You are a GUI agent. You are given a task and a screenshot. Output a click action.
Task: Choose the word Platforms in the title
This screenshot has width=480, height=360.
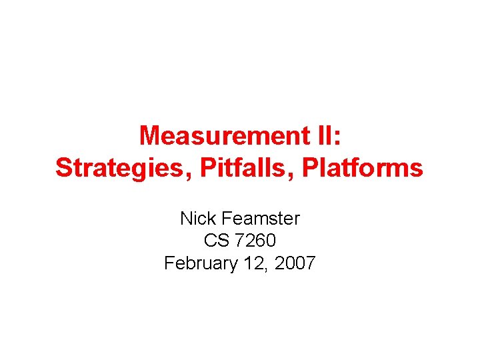tap(362, 168)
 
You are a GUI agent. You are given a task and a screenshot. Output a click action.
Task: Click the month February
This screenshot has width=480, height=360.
tap(201, 263)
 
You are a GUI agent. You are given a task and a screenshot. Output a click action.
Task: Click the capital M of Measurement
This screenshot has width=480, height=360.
tap(150, 136)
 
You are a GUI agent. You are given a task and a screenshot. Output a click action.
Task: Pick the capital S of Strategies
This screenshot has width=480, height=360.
tap(63, 168)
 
